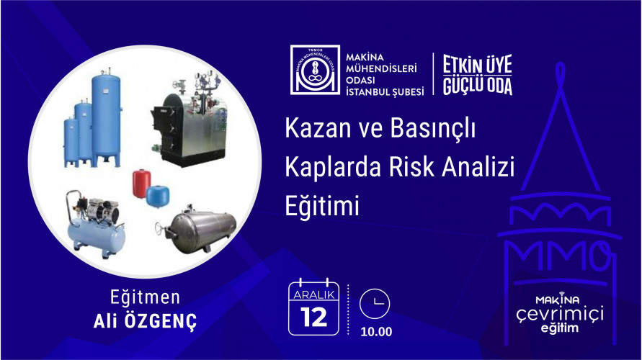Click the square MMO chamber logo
pyautogui.click(x=315, y=70)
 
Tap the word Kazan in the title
pyautogui.click(x=317, y=128)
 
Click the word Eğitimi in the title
pyautogui.click(x=322, y=206)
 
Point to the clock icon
pyautogui.click(x=375, y=304)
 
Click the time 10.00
pyautogui.click(x=376, y=331)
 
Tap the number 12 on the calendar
pyautogui.click(x=314, y=318)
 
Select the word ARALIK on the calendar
pyautogui.click(x=314, y=294)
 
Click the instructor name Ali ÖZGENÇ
pyautogui.click(x=145, y=321)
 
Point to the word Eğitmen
pyautogui.click(x=145, y=297)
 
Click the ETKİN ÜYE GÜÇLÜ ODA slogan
pyautogui.click(x=478, y=75)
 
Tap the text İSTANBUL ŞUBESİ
pyautogui.click(x=385, y=92)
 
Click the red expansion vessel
pyautogui.click(x=142, y=183)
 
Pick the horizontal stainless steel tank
pyautogui.click(x=199, y=230)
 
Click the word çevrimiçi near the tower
pyautogui.click(x=560, y=315)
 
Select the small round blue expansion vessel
pyautogui.click(x=157, y=197)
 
